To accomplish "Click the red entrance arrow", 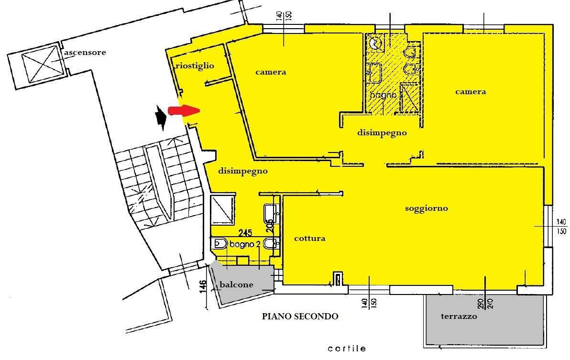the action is (184, 110).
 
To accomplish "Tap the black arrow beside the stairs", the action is (160, 117).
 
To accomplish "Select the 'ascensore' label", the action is (85, 52).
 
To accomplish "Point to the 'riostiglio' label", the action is (195, 66).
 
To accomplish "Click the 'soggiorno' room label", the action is (427, 208).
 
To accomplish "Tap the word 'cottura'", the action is (310, 238).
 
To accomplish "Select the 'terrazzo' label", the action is (459, 316).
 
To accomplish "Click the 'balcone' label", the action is (236, 284).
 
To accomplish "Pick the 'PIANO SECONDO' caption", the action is (300, 316).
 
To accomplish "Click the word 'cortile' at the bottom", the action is (347, 349).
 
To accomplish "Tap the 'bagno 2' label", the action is (245, 244).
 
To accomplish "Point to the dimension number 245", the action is (245, 232).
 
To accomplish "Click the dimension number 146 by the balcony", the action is (203, 286).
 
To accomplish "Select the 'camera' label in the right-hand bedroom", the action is (471, 91).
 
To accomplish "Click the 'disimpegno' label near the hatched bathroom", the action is (382, 133).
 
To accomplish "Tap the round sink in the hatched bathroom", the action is (374, 43).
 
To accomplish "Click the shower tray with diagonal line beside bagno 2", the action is (222, 209).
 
